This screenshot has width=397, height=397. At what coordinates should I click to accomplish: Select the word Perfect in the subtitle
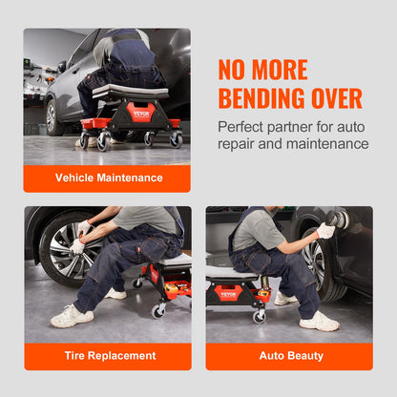pos(240,127)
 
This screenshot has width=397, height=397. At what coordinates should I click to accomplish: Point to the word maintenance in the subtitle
pos(327,143)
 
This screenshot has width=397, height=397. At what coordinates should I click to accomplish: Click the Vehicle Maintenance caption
pos(109,178)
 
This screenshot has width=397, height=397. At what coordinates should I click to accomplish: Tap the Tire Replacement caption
pos(110,355)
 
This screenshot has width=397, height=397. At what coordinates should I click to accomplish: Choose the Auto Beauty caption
pos(291,355)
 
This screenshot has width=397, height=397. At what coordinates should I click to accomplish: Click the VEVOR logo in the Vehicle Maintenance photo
pos(141,114)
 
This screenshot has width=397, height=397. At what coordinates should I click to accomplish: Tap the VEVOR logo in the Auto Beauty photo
pos(228,295)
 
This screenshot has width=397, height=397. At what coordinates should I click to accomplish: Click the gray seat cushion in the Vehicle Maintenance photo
pos(131,91)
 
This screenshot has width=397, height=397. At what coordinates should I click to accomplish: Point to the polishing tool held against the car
pos(338,219)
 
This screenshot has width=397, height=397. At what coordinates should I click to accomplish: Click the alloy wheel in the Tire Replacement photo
pos(69,248)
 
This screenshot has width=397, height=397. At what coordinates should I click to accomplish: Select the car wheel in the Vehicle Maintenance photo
pos(52,117)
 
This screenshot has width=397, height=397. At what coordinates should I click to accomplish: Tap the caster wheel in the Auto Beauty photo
pos(260,317)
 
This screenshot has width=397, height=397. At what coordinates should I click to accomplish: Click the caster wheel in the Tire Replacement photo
pos(158,312)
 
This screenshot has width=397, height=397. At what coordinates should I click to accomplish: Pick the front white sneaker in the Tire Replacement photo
pos(72,316)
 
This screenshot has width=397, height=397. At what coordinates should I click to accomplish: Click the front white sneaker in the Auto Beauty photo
pos(319,321)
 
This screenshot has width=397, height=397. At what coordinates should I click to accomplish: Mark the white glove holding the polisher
pos(325,230)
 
